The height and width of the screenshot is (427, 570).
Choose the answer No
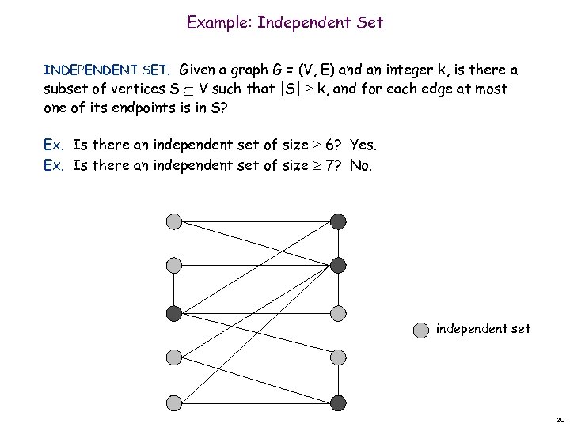point(360,166)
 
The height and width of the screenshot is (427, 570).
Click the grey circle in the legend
point(421,329)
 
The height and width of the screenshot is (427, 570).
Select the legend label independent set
point(483,328)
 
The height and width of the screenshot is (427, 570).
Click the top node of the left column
point(174,221)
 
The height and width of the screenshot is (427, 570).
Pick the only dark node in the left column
point(174,313)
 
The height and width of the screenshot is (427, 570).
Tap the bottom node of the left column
point(174,402)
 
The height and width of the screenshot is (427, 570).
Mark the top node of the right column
point(338,221)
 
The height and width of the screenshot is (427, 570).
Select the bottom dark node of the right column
point(338,402)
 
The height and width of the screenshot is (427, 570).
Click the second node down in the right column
point(338,266)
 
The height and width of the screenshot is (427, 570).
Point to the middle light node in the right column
point(338,313)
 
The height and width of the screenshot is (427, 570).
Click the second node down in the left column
point(174,266)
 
